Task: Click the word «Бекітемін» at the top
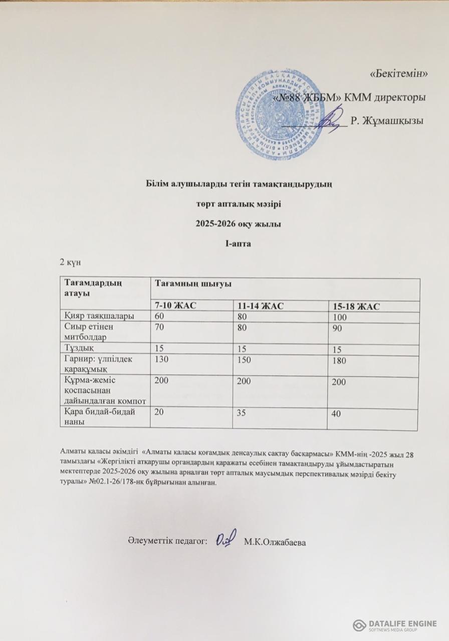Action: click(398, 74)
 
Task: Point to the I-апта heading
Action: click(238, 243)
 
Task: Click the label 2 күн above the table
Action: click(68, 262)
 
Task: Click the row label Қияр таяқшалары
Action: click(91, 316)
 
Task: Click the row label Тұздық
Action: click(77, 347)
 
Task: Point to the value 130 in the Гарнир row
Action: click(162, 359)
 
